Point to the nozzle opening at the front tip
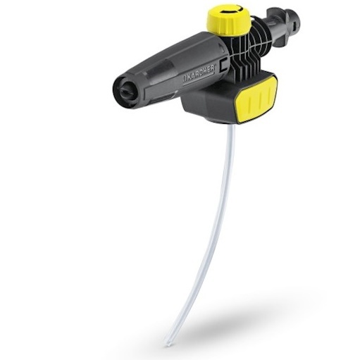tap(119, 90)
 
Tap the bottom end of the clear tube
tap(166, 344)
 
